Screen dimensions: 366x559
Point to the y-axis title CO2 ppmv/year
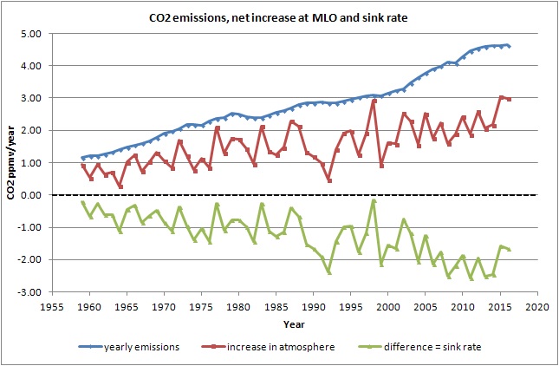coord(11,162)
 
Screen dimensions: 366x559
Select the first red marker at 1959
coord(83,166)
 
